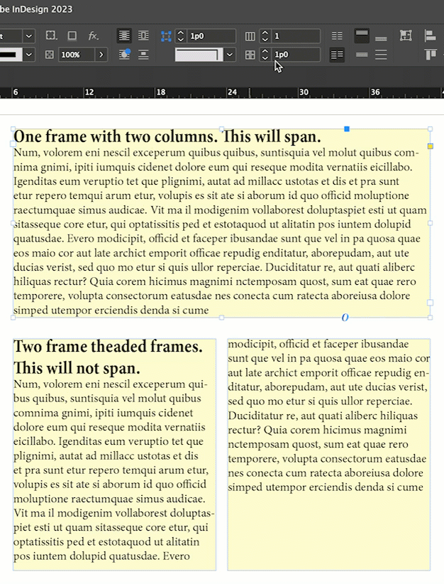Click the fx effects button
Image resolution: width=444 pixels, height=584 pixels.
(93, 36)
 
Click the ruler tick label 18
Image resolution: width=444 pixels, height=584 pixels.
(160, 93)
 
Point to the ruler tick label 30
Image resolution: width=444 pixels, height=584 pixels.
(304, 93)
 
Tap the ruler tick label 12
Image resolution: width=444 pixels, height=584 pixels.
(89, 93)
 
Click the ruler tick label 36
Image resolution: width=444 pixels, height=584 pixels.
(375, 93)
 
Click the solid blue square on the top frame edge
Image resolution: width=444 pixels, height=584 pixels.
(347, 129)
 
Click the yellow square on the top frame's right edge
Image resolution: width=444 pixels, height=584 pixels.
(431, 146)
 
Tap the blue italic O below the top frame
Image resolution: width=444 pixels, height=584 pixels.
(345, 318)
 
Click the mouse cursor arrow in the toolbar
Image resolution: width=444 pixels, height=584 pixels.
(278, 66)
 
